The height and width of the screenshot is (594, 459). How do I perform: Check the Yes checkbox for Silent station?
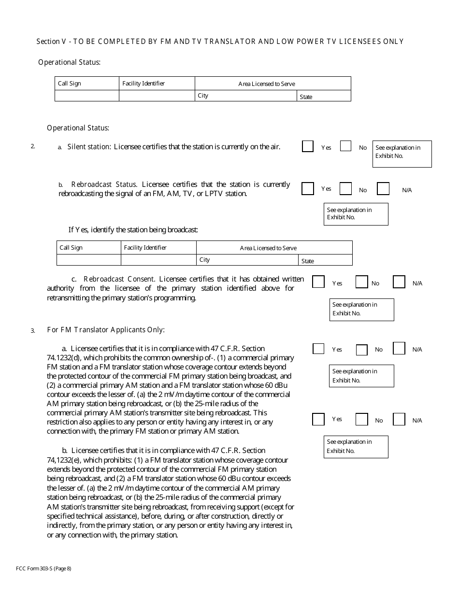click(x=308, y=146)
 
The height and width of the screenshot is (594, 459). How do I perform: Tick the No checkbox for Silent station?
click(x=345, y=146)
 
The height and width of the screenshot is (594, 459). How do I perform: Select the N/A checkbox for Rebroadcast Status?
click(x=383, y=188)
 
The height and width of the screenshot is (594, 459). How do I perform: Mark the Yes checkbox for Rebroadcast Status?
click(x=308, y=188)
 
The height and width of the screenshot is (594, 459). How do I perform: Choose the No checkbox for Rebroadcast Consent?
click(x=362, y=282)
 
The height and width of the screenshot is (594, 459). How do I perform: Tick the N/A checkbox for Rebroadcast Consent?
click(x=399, y=282)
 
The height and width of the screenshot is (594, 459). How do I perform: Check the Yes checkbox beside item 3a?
click(x=318, y=349)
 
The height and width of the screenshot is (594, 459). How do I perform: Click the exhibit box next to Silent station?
click(x=402, y=154)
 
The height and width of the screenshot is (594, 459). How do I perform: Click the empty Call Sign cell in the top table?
click(x=87, y=96)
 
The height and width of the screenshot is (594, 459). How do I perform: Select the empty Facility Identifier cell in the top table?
click(x=157, y=96)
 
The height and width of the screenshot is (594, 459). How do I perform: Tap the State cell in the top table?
click(x=324, y=96)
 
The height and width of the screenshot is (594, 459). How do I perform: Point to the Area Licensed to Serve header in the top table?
click(x=267, y=84)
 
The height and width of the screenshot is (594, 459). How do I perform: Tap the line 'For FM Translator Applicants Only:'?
click(x=106, y=330)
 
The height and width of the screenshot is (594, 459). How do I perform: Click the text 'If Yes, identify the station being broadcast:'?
click(x=133, y=230)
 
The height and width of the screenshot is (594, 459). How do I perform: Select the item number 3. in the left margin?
click(x=33, y=331)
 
